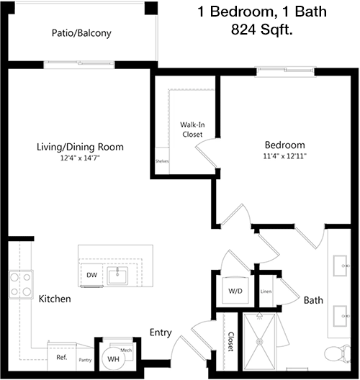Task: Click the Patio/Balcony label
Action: pyautogui.click(x=81, y=33)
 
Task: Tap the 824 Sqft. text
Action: pyautogui.click(x=262, y=30)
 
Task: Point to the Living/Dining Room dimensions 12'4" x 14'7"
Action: pyautogui.click(x=80, y=158)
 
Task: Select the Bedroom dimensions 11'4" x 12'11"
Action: pyautogui.click(x=285, y=156)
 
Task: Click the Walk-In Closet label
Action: pyautogui.click(x=192, y=130)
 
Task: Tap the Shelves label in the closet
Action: pyautogui.click(x=162, y=161)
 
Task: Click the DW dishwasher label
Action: pyautogui.click(x=92, y=275)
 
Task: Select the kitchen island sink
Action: pyautogui.click(x=117, y=276)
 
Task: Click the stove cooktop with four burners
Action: pyautogui.click(x=21, y=284)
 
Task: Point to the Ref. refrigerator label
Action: pyautogui.click(x=62, y=357)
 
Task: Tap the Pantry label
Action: pyautogui.click(x=85, y=360)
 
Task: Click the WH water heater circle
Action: pyautogui.click(x=114, y=358)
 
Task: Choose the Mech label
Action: pyautogui.click(x=126, y=350)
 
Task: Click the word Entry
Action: pyautogui.click(x=161, y=332)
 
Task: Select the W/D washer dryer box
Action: pyautogui.click(x=235, y=290)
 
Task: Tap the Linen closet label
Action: pyautogui.click(x=266, y=291)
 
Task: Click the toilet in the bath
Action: pyautogui.click(x=338, y=354)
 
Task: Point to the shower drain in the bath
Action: pyautogui.click(x=259, y=341)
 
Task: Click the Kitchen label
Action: pyautogui.click(x=55, y=299)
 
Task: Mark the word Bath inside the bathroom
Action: pyautogui.click(x=313, y=300)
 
